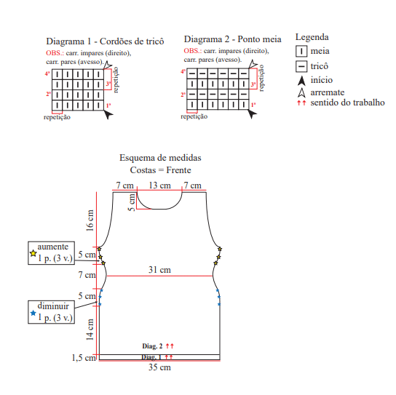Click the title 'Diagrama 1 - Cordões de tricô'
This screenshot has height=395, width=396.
point(105,41)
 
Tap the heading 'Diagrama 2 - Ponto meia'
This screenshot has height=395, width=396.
point(233,39)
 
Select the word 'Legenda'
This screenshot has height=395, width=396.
point(312,37)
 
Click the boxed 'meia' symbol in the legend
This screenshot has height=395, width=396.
point(301,51)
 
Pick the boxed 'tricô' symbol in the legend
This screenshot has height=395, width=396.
point(301,66)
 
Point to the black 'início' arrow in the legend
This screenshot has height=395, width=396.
point(301,81)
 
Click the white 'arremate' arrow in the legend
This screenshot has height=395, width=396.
point(301,92)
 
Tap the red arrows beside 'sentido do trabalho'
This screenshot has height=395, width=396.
point(301,103)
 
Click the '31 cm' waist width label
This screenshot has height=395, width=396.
point(159,270)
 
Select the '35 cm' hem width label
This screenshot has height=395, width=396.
point(159,367)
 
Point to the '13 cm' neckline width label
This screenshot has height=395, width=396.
point(159,185)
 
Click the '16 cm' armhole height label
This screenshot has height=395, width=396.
point(90,220)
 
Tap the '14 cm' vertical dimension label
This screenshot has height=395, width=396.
point(90,330)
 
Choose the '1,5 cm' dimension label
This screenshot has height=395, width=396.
point(84,358)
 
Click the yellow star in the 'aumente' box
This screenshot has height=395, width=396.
point(33,253)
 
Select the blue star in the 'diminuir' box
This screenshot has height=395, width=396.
point(33,313)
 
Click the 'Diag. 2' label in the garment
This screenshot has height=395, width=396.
point(152,346)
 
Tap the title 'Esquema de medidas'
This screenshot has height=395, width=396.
point(160,158)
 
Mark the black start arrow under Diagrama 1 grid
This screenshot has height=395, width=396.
point(108,115)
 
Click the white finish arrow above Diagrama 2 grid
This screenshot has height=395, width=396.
point(253,64)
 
